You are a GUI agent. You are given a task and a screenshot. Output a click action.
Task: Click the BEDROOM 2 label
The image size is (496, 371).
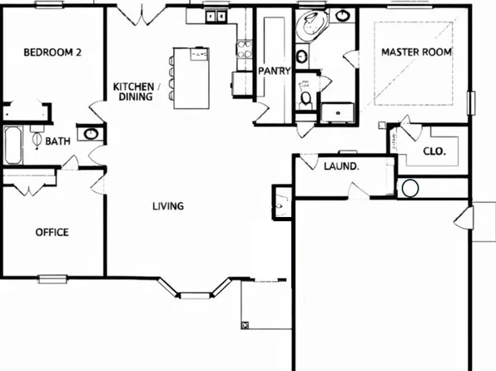click(x=51, y=52)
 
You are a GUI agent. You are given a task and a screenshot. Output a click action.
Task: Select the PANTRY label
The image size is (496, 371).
click(x=274, y=71)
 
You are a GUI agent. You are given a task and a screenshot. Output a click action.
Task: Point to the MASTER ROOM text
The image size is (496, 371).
click(x=416, y=52)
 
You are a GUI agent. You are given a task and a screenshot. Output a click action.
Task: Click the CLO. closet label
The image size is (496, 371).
click(x=434, y=151)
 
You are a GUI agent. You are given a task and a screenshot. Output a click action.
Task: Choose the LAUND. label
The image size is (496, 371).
click(x=340, y=166)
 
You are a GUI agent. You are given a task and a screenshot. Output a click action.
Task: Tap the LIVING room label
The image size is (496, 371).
click(x=167, y=206)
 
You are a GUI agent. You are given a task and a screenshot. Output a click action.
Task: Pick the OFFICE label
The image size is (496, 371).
click(x=52, y=232)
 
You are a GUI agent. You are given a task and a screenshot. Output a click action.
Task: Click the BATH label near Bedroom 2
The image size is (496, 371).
click(x=57, y=141)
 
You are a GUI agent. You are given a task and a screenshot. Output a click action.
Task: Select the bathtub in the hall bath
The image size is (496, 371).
click(x=13, y=146)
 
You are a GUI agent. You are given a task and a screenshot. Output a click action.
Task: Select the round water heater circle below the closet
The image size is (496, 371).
click(x=409, y=188)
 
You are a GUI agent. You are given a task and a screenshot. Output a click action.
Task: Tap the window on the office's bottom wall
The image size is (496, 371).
click(x=52, y=278)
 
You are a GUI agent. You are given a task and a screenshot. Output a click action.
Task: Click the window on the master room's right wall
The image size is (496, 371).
click(x=472, y=102)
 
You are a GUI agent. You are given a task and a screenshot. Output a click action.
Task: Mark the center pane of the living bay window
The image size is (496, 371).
click(x=196, y=294)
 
